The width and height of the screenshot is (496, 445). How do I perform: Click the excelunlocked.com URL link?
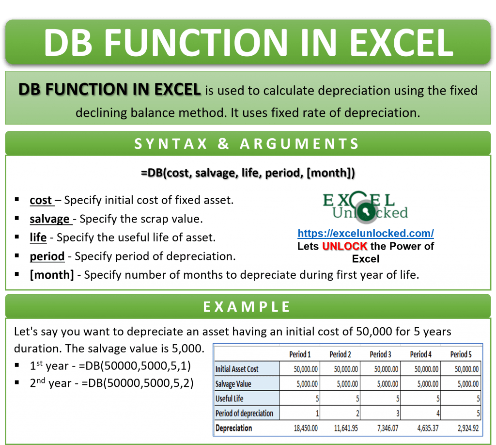(x=365, y=233)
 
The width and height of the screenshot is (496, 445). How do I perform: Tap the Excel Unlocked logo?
(x=365, y=207)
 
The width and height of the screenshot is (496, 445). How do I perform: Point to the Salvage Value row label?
(x=233, y=384)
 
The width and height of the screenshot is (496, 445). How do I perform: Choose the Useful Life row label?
(x=230, y=398)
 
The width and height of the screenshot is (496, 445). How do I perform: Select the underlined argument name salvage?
(x=49, y=219)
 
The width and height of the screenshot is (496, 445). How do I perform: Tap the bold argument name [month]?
(x=52, y=275)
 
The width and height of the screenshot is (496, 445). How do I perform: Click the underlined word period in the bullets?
(x=47, y=256)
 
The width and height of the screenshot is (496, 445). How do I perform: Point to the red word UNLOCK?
(x=344, y=246)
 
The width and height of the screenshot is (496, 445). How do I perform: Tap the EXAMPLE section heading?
(x=247, y=307)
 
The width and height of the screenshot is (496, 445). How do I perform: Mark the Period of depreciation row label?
(x=244, y=413)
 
